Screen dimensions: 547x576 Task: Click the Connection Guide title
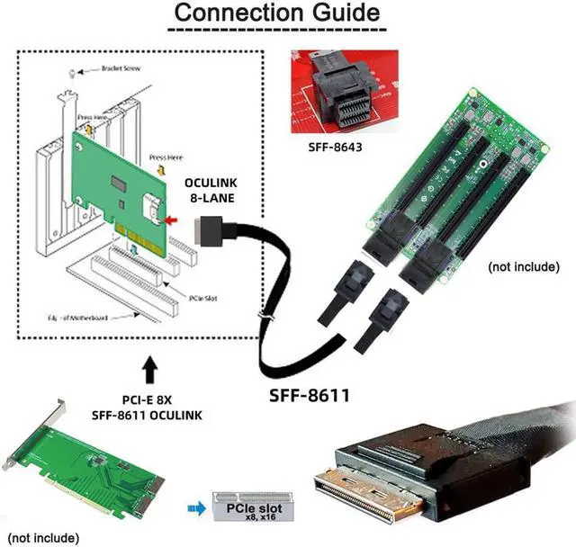coord(276,13)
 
